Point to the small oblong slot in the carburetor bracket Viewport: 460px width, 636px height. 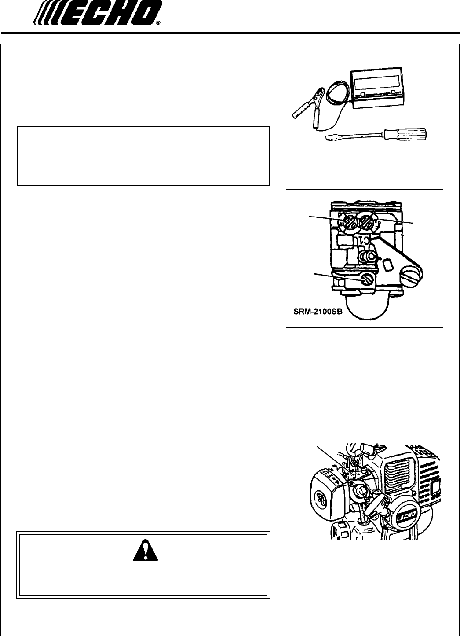pos(387,265)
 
